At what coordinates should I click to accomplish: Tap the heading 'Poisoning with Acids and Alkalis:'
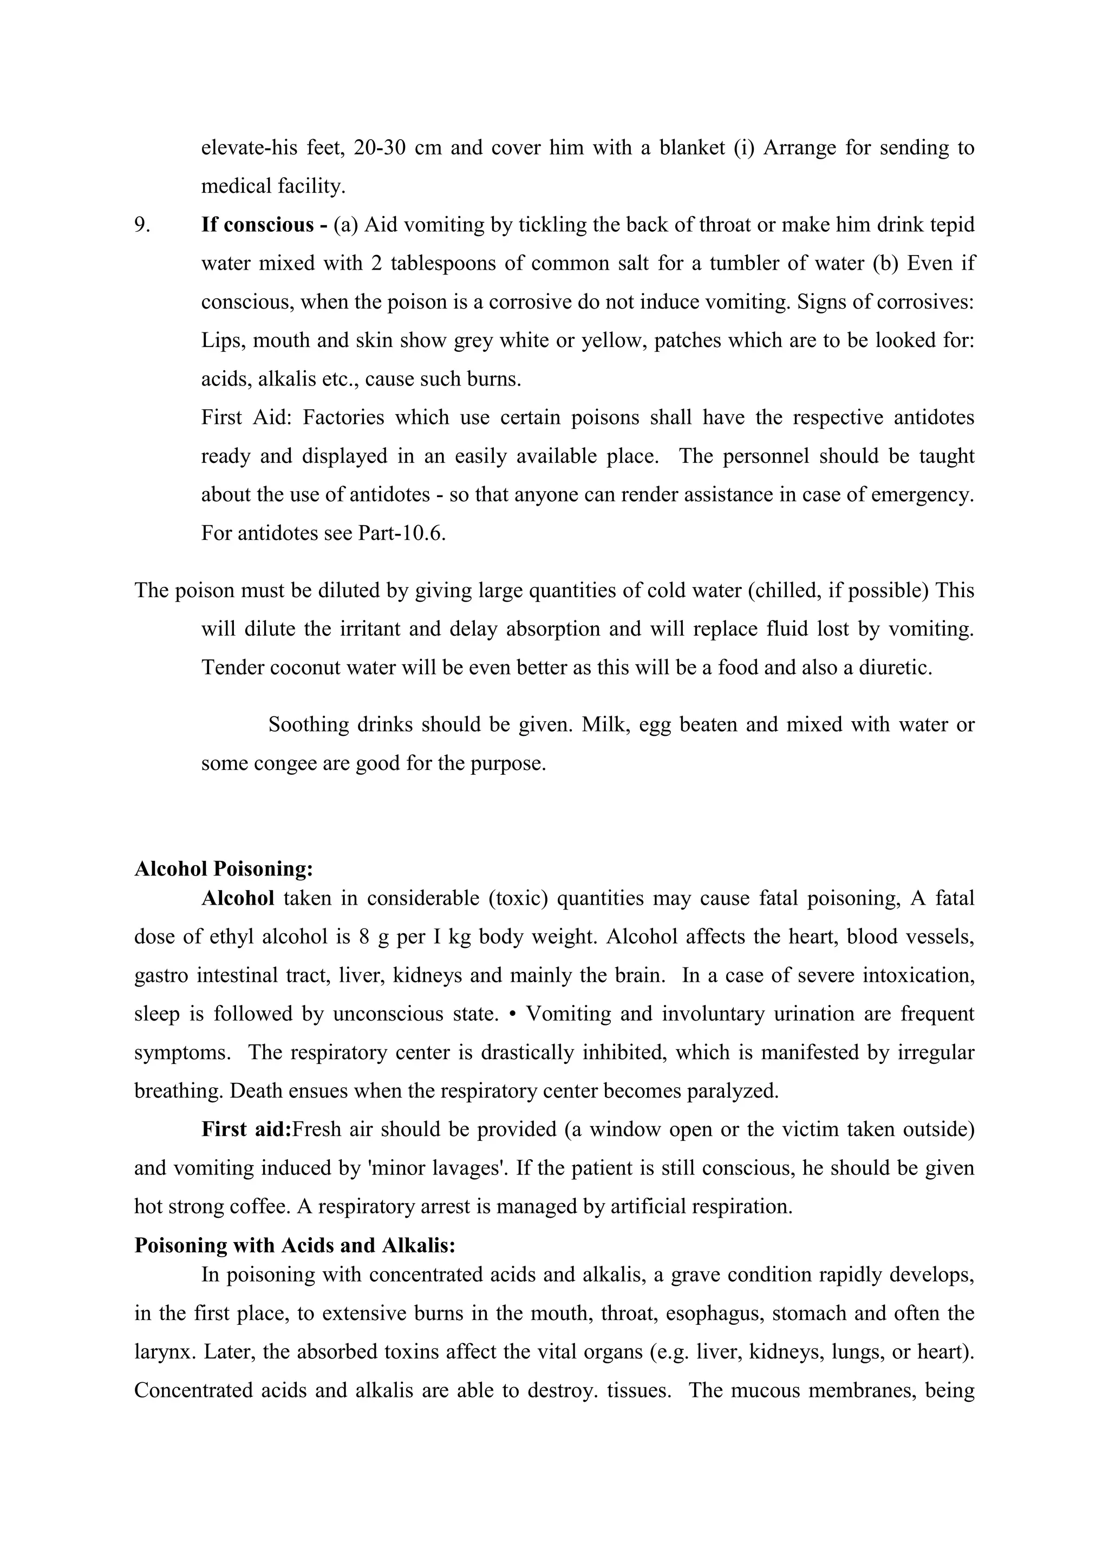click(295, 1245)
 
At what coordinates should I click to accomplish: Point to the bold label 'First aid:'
click(246, 1129)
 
